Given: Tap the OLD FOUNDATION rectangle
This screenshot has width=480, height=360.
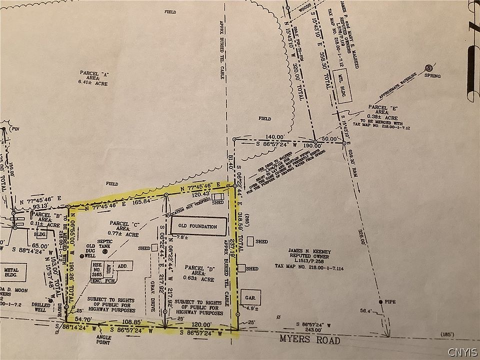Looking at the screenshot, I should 197,226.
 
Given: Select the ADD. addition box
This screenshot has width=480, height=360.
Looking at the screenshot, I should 121,267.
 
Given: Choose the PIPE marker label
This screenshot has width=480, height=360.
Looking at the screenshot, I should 389,302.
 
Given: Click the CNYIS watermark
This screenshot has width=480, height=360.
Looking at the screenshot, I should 462,351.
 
